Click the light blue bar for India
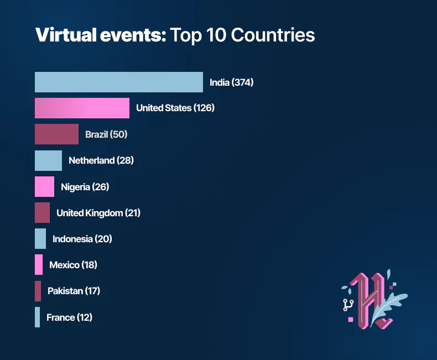(x=118, y=82)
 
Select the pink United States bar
(x=82, y=108)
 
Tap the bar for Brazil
(x=56, y=134)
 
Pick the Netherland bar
(x=48, y=160)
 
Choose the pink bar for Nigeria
(x=44, y=186)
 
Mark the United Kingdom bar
(x=42, y=212)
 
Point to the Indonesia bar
(x=40, y=239)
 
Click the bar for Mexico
(x=39, y=265)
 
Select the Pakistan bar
(x=38, y=291)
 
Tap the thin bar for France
(x=37, y=317)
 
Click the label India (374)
(x=231, y=82)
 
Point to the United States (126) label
(x=175, y=108)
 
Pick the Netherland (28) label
(x=101, y=160)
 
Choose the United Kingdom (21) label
(x=98, y=213)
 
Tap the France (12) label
(x=69, y=317)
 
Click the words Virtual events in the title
(x=100, y=35)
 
